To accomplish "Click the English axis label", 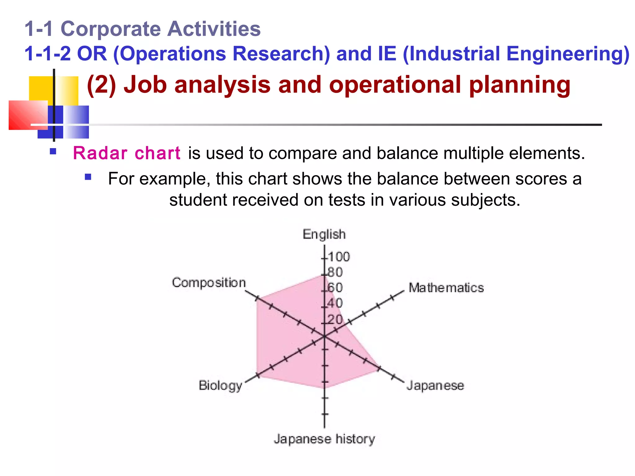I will [x=324, y=234].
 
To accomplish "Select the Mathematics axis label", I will [x=446, y=288].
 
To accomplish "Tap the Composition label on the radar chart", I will [x=209, y=283].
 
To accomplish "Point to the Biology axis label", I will [x=220, y=386].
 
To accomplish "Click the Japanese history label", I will [x=324, y=439].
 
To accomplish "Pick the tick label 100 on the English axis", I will [x=339, y=257].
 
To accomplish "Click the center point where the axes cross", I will [x=324, y=336].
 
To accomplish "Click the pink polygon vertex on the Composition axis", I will [x=257, y=298].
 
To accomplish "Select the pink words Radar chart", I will [x=127, y=153].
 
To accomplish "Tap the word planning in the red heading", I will [x=520, y=85].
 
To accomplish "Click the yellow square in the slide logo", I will [x=40, y=88].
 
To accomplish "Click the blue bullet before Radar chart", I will [x=53, y=152].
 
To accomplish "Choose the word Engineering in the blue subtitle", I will [x=567, y=54].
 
